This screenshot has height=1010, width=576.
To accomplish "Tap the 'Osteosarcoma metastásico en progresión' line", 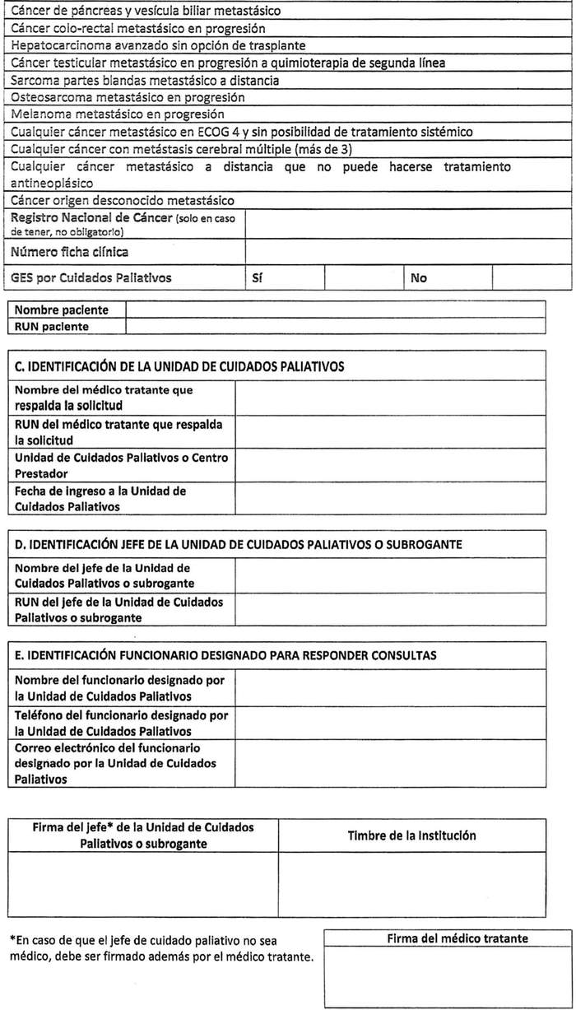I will pos(128,97).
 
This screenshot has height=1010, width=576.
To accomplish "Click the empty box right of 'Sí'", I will pos(364,278).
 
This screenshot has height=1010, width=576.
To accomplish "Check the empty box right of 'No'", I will pos(532,278).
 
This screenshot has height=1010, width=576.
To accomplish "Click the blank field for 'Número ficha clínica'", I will pos(408,252).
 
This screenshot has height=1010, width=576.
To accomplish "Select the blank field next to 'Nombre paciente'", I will pos(335,310).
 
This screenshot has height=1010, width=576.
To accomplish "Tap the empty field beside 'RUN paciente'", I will pos(335,326).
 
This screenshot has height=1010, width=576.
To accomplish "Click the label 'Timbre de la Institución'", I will pos(411,835).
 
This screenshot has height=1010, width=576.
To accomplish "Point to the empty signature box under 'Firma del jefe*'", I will pos(143,885).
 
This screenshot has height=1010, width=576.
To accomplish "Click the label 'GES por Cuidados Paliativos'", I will pos(91,278).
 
